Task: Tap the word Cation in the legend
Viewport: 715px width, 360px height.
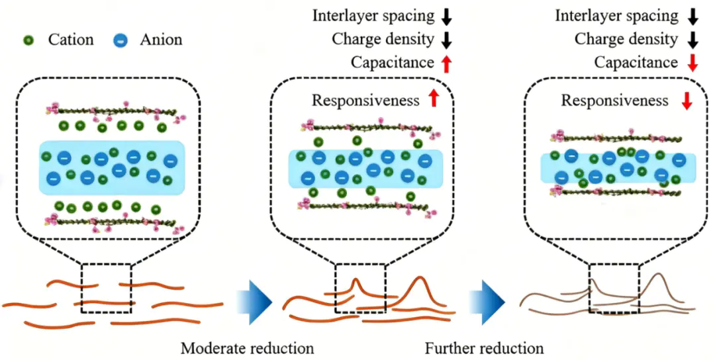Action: point(71,40)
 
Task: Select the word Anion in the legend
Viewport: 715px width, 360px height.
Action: point(160,40)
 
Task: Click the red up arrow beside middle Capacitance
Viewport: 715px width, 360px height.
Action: point(447,63)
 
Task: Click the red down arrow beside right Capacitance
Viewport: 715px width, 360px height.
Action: point(691,63)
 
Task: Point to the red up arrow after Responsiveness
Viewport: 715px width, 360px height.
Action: point(434,100)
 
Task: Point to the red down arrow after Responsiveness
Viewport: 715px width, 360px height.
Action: point(687,101)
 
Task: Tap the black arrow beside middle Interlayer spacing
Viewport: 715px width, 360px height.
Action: point(447,17)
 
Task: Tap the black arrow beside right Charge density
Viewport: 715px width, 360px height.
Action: point(691,40)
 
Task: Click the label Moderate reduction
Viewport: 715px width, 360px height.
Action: point(247,348)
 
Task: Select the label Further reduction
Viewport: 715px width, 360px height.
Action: point(484,348)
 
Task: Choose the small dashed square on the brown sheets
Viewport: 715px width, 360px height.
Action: point(614,289)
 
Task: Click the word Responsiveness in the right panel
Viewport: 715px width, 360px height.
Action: point(615,101)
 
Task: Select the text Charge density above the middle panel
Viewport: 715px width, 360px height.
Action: point(383,40)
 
